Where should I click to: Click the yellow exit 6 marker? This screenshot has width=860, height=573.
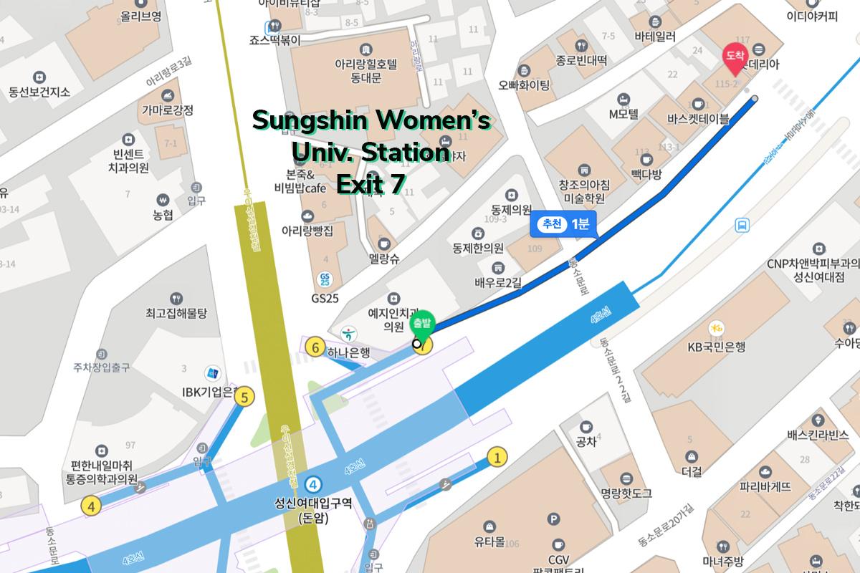[x=315, y=348]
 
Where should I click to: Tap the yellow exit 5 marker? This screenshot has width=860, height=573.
[x=245, y=396]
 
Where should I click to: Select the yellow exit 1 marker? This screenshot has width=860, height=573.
[x=497, y=456]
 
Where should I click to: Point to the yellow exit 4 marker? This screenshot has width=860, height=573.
[x=91, y=506]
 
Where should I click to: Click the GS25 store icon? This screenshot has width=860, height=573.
[x=326, y=279]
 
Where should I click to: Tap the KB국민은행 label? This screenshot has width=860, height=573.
[x=716, y=347]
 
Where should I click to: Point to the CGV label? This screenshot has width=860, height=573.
[x=558, y=559]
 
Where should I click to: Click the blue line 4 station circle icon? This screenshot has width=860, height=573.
[x=312, y=483]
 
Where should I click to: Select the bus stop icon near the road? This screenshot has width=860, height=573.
[x=742, y=226]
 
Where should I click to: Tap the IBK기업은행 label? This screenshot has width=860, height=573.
[x=209, y=391]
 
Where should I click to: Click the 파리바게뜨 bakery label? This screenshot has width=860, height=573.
[x=765, y=486]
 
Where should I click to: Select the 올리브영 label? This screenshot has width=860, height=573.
[x=140, y=16]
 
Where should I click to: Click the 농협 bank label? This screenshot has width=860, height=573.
[x=163, y=214]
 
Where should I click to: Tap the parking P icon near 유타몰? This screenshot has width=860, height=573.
[x=553, y=519]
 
